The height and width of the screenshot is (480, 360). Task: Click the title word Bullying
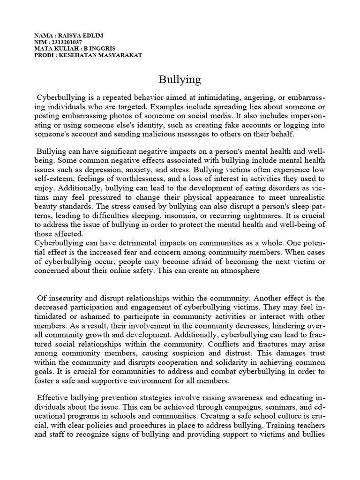(x=180, y=80)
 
